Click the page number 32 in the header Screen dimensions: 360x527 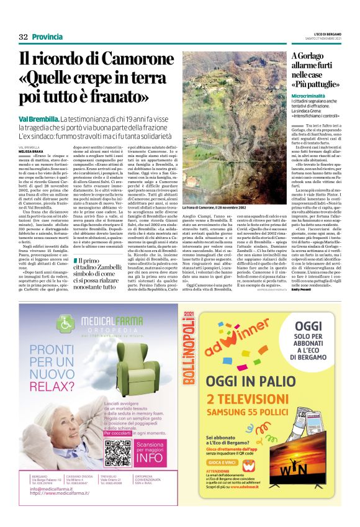pos(24,37)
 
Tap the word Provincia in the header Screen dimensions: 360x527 pos(47,37)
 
